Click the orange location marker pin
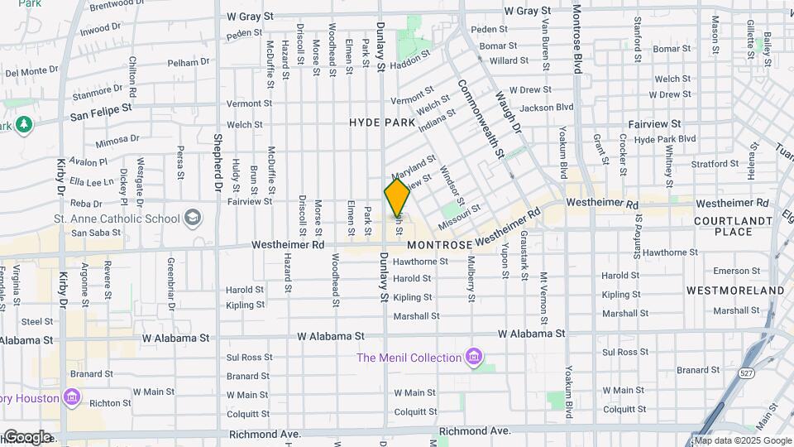397,197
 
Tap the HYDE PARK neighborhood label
381,122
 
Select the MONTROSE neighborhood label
440,246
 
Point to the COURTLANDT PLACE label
724,226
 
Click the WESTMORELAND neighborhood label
734,291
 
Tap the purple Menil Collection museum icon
474,358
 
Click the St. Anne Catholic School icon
193,219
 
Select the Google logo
26,437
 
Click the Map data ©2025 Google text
743,440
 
